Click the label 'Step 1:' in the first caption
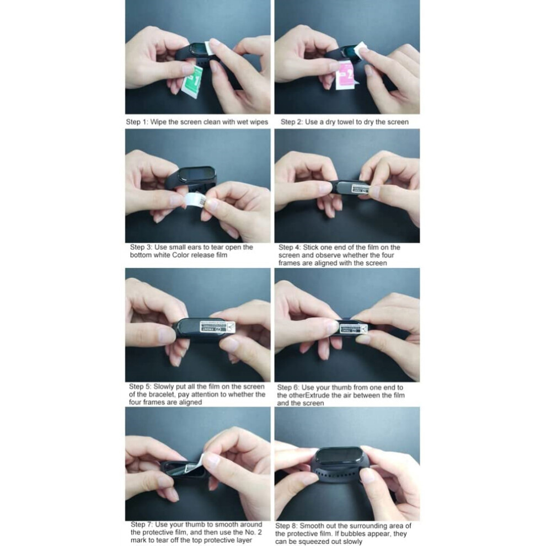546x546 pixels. tap(137, 122)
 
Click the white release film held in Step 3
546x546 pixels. tap(196, 201)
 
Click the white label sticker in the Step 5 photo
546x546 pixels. tap(217, 327)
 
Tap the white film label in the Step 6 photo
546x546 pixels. tap(354, 328)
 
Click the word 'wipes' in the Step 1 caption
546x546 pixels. tap(259, 122)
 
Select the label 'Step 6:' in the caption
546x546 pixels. tap(288, 388)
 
